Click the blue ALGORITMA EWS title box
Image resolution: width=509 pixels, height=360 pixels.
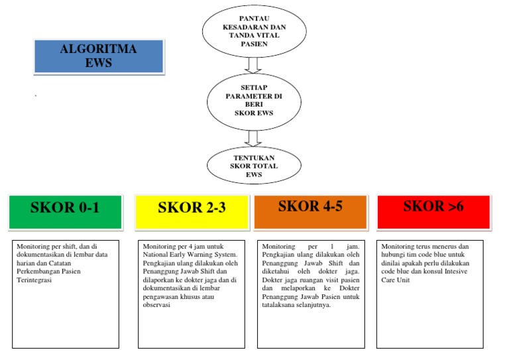(98, 56)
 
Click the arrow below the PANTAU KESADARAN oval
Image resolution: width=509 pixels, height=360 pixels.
(252, 66)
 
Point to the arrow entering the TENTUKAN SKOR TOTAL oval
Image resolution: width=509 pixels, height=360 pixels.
(252, 137)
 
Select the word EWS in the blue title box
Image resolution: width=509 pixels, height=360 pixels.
(98, 64)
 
